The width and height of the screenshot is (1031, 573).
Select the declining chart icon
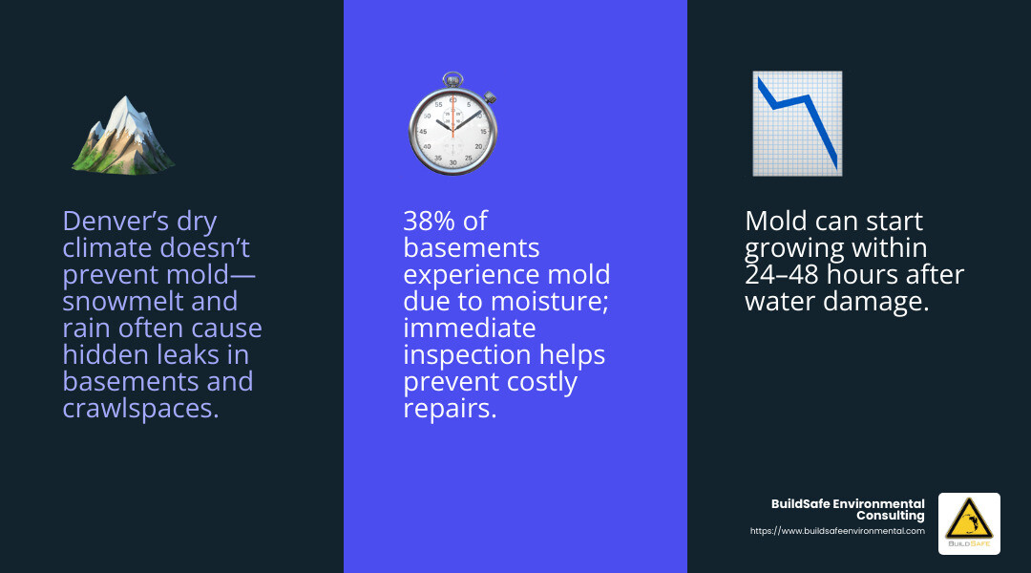click(797, 123)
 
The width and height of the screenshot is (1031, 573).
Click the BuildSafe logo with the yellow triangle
click(969, 523)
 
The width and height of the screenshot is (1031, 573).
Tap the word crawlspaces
click(139, 409)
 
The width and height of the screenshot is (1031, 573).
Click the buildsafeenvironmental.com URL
click(837, 531)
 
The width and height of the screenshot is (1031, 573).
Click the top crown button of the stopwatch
click(453, 78)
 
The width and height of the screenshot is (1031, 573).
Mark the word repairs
click(450, 409)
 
